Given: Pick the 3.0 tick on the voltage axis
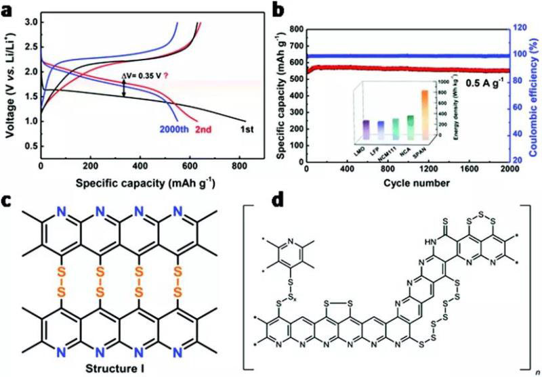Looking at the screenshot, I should coord(30,22).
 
